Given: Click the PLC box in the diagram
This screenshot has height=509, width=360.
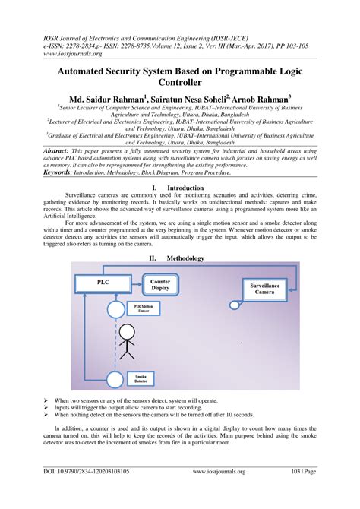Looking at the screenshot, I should click(103, 283).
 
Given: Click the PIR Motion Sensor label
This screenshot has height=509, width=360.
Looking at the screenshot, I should click(143, 308).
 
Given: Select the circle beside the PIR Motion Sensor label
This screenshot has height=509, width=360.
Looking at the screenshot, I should click(115, 309).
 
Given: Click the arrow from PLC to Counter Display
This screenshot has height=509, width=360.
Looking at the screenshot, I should click(137, 283).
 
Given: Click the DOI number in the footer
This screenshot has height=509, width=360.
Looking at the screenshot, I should click(84, 493).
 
